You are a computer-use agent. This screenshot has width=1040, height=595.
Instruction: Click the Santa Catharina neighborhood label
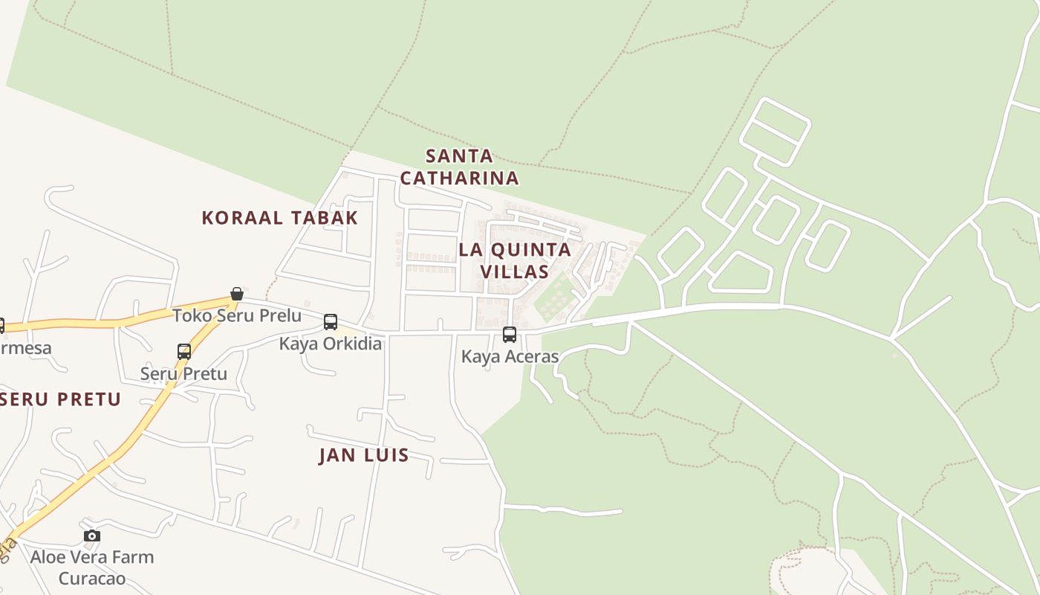pos(459,167)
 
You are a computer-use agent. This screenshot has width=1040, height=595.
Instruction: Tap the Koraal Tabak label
pos(280,218)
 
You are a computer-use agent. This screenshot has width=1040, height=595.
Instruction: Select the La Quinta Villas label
pos(515,260)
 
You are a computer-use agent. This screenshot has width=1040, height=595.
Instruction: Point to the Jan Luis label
pos(364,455)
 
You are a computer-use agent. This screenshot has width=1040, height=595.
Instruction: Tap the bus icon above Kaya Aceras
pos(509,335)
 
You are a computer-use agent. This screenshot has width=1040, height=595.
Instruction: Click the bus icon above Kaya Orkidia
pos(331,322)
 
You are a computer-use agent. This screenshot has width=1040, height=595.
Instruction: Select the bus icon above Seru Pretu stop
pos(184,352)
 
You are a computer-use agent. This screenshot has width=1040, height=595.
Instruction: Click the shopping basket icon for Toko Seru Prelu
pos(237,294)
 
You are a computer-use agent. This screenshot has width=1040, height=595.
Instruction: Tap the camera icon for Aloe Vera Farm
pos(91,535)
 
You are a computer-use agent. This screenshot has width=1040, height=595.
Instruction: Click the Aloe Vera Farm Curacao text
pos(92,567)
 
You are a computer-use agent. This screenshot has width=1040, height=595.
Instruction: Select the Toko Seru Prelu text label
pos(237,315)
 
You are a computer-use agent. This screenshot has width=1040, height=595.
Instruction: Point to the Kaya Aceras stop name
pos(510,356)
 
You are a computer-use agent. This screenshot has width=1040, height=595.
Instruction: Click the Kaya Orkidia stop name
pos(331,344)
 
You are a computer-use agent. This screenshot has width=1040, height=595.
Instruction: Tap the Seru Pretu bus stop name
pos(183,373)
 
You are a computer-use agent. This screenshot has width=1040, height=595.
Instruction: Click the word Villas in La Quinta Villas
pos(515,271)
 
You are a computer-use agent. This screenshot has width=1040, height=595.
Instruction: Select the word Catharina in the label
pos(459,178)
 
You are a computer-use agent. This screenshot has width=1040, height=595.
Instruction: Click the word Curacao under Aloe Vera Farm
pos(92,578)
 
